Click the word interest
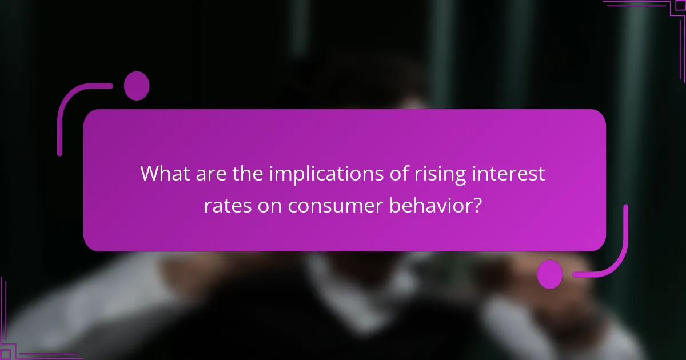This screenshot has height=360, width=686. click(514, 173)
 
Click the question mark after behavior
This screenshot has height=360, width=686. click(476, 205)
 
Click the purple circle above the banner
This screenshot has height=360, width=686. click(137, 86)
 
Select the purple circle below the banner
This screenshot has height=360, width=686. click(550, 274)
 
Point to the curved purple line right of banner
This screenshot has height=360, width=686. click(620, 251)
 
